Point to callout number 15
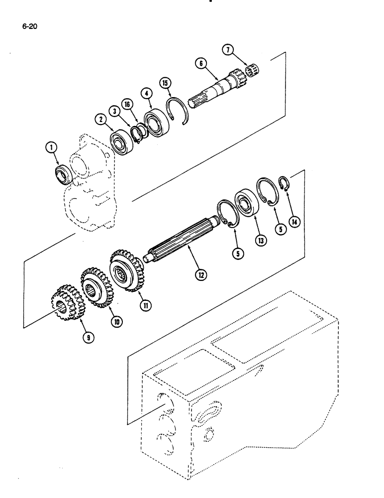coord(164,83)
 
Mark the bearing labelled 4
coord(158,121)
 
